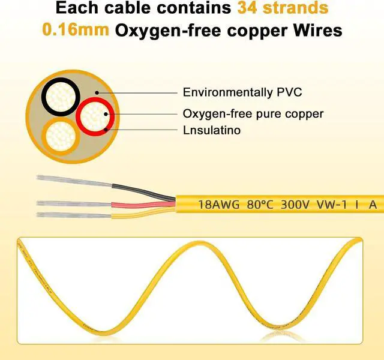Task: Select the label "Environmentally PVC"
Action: tap(242, 92)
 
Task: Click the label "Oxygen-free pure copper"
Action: tap(253, 113)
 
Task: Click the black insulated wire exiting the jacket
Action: tap(144, 190)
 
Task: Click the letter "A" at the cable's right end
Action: tap(373, 205)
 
